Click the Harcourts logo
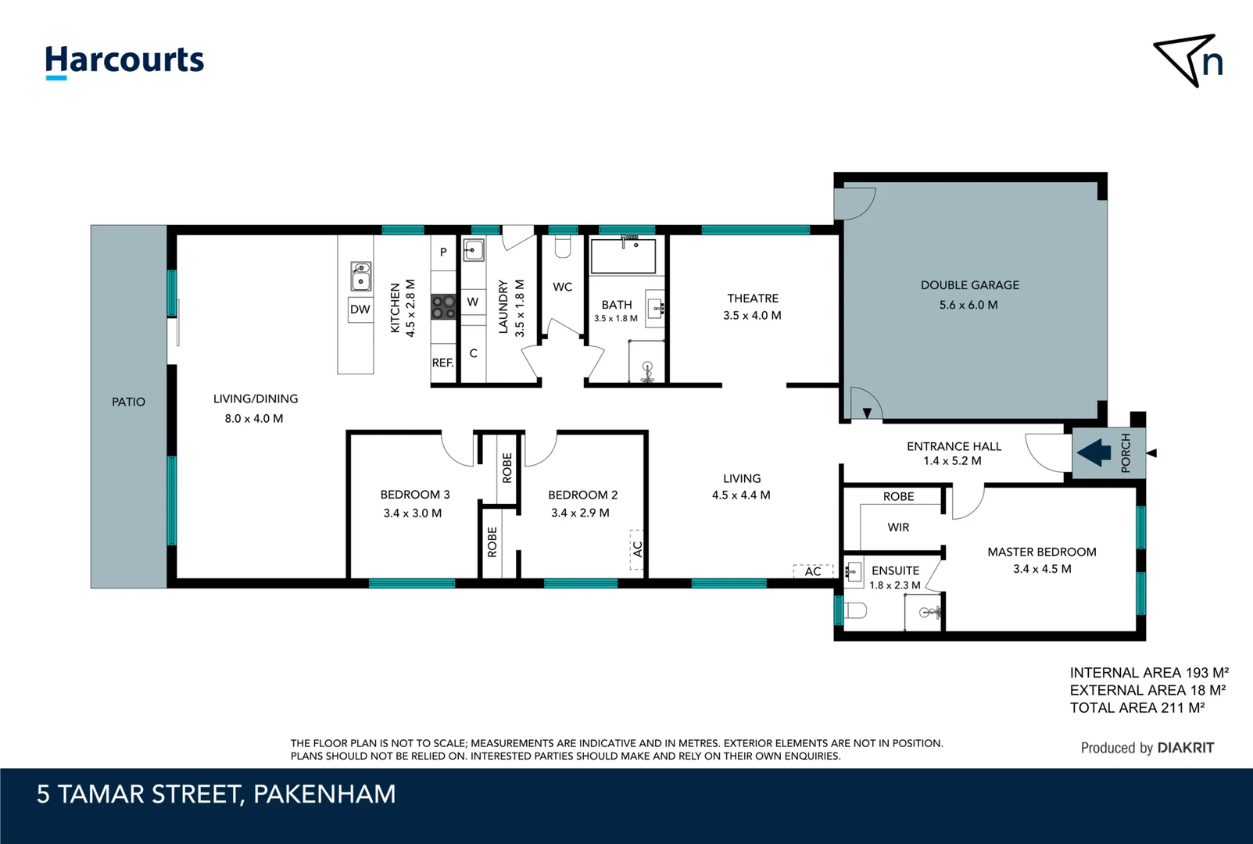coord(124,61)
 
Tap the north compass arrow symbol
coord(1187,59)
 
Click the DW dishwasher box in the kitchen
coord(360,309)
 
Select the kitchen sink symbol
coord(360,276)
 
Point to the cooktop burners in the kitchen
coord(443,306)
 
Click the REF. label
coord(442,363)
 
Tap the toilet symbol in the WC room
coord(562,248)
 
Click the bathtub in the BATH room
coord(623,256)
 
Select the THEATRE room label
coord(753,299)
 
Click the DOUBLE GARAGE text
coord(969,285)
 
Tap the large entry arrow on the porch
coord(1094,452)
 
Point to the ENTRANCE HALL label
coord(954,446)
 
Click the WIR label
coord(898,527)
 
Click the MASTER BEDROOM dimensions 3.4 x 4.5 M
coord(1042,569)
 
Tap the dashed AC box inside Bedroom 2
coord(637,549)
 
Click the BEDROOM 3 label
coord(414,495)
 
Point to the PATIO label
coord(128,402)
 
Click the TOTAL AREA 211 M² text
coord(1137,708)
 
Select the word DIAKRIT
coord(1185,748)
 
